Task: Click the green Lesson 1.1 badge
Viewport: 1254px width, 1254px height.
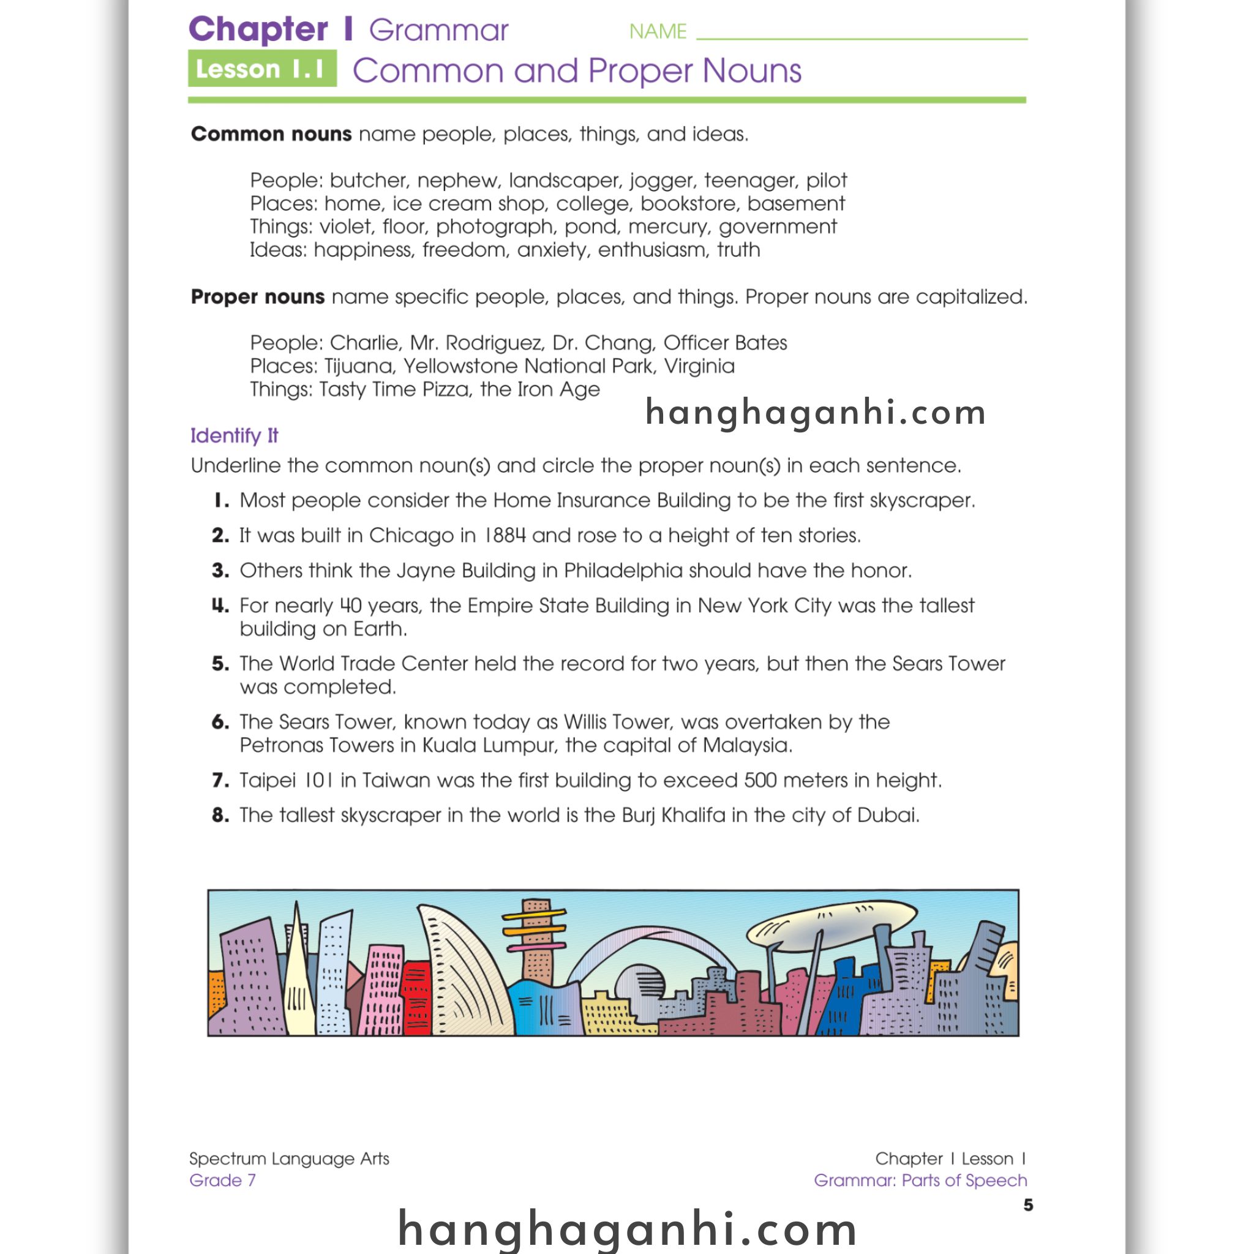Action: point(261,68)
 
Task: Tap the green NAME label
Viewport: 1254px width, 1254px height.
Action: point(658,31)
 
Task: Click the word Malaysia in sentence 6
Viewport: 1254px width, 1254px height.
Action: point(746,745)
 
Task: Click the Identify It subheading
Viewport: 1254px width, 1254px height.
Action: point(234,435)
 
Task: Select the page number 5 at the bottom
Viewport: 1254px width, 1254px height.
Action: point(1027,1205)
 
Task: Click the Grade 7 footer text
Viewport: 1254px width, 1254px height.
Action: point(222,1180)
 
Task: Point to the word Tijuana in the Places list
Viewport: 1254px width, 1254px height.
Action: point(358,367)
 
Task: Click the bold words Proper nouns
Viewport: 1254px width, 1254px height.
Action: point(257,296)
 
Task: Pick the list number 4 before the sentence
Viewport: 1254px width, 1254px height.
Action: point(220,606)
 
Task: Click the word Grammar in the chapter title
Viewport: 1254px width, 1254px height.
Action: point(438,31)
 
